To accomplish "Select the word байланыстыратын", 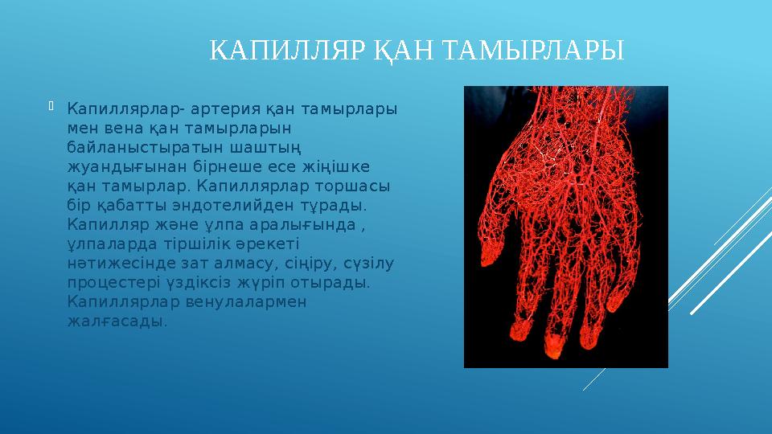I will (134, 147).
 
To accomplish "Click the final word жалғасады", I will (117, 321).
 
